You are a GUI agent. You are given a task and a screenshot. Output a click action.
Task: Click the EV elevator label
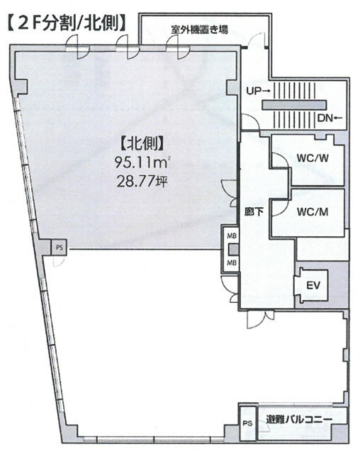click(313, 285)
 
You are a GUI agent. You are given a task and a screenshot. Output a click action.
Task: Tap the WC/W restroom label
click(313, 158)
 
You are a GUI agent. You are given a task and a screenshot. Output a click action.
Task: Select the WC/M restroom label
click(313, 212)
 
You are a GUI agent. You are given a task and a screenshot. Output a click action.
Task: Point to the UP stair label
click(258, 91)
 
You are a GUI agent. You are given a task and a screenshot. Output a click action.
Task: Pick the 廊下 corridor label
click(254, 212)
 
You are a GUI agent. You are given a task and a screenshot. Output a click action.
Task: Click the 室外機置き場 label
click(199, 29)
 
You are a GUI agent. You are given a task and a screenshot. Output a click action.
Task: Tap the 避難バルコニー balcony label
click(299, 419)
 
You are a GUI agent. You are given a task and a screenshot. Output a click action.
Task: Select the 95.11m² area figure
click(141, 162)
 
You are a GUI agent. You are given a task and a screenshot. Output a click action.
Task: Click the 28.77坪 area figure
click(142, 182)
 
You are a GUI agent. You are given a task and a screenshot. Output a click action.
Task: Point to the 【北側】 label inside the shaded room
click(141, 143)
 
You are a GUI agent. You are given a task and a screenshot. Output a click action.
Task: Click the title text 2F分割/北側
click(67, 23)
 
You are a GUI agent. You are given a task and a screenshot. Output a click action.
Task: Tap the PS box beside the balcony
click(247, 423)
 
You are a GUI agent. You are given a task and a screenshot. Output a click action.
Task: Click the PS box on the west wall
click(59, 248)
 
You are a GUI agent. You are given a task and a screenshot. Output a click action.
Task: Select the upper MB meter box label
click(232, 236)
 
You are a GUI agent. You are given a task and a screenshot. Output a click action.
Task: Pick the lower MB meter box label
click(232, 262)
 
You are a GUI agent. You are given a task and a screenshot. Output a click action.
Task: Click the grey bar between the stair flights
click(294, 105)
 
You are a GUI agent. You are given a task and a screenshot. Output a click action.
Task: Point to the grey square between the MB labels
click(233, 250)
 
